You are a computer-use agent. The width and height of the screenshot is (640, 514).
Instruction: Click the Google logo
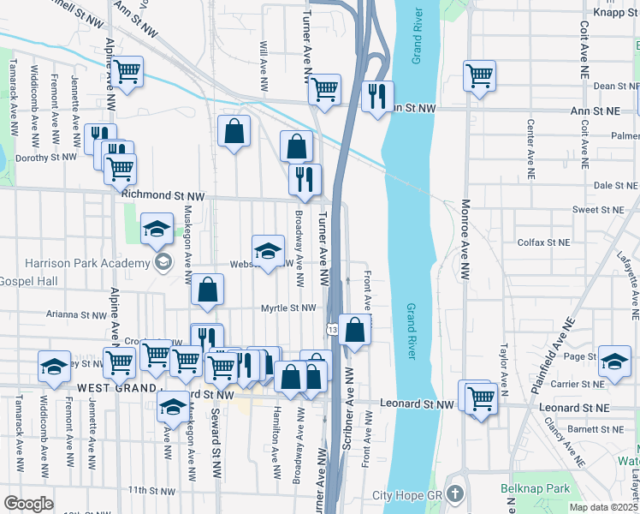(27, 504)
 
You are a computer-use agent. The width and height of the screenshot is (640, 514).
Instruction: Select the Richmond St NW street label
(163, 195)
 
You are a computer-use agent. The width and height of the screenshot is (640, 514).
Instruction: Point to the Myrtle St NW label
(288, 308)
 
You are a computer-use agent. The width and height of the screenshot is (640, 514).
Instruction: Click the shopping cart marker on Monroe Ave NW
(479, 75)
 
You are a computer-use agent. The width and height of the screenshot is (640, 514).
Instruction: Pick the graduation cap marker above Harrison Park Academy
(157, 229)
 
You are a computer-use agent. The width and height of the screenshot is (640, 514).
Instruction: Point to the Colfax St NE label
(543, 242)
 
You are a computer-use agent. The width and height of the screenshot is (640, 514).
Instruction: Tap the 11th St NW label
(151, 491)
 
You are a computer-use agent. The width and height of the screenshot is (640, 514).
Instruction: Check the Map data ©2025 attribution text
(603, 507)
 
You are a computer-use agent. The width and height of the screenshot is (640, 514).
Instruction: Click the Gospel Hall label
(28, 282)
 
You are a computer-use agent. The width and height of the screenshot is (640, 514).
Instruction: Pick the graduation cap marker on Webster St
(268, 250)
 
